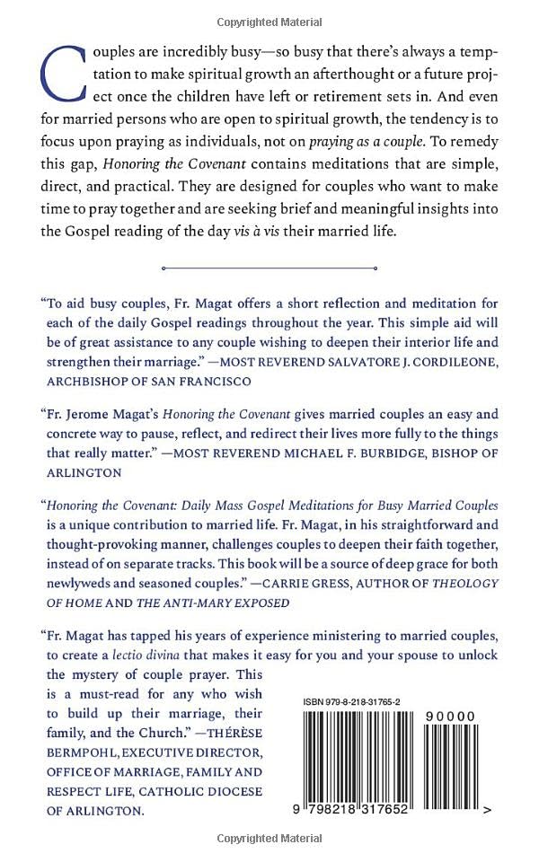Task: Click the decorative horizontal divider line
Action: [x=269, y=267]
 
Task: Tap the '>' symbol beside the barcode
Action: [x=486, y=809]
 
